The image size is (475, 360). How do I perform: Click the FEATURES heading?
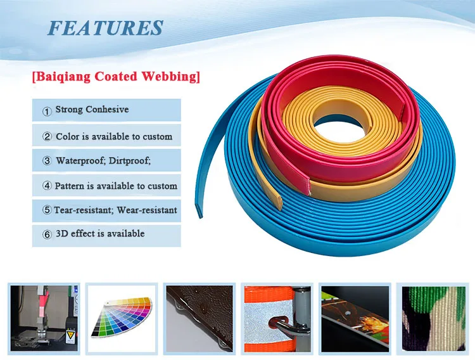tap(106, 28)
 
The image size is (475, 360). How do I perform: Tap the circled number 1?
tap(47, 111)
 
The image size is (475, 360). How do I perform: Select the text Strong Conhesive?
tap(92, 110)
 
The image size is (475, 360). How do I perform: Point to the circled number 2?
tap(47, 137)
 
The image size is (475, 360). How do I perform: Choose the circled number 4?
tap(47, 186)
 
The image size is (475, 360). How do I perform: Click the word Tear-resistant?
tap(81, 210)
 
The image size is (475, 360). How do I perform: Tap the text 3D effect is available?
tap(99, 233)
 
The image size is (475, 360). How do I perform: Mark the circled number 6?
tap(47, 235)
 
